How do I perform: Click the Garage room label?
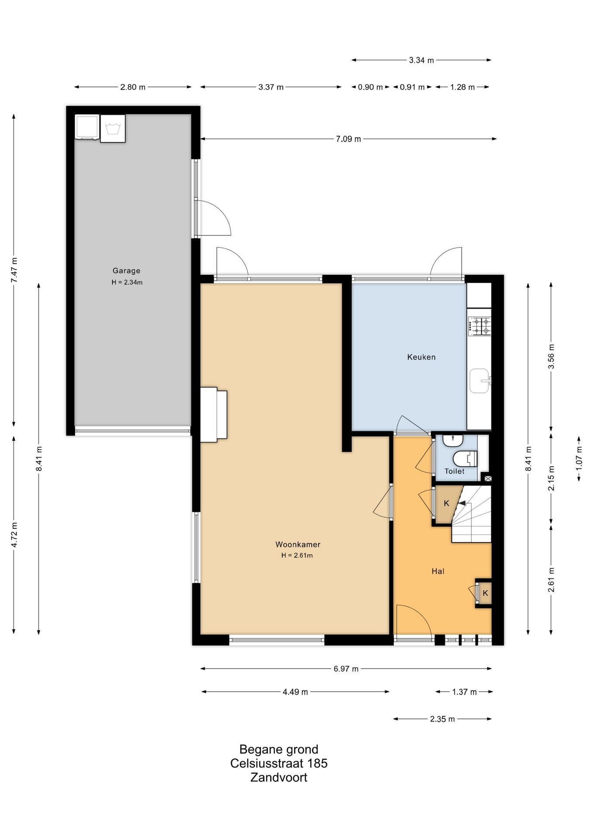tap(126, 271)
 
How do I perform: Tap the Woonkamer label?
tap(298, 544)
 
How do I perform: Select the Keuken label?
tap(421, 357)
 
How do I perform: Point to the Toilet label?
tap(455, 472)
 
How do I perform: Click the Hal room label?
tap(438, 571)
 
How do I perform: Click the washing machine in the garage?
tap(113, 128)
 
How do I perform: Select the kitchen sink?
tap(480, 381)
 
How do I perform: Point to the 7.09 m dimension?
tap(348, 139)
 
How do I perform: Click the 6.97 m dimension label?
tap(346, 669)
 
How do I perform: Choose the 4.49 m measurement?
tap(295, 692)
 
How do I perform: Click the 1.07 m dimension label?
tap(579, 458)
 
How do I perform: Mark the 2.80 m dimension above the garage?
tap(133, 87)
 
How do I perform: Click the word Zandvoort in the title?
tap(279, 777)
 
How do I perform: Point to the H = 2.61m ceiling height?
tap(297, 556)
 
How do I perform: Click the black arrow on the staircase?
tap(461, 503)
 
